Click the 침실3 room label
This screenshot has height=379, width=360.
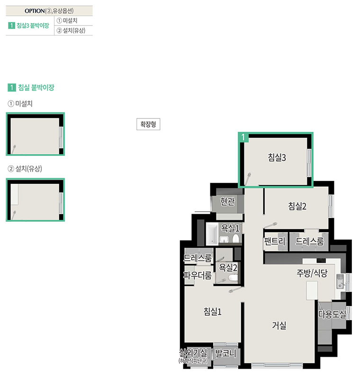[277, 157]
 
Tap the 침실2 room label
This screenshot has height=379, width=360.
[297, 206]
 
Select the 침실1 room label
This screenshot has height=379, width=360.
[212, 311]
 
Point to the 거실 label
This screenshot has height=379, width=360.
[279, 325]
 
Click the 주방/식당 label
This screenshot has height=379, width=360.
[312, 273]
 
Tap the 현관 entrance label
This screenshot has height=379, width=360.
[227, 201]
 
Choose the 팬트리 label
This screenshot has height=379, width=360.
[275, 241]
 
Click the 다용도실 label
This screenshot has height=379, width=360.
[332, 314]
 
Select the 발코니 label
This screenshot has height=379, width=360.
[225, 353]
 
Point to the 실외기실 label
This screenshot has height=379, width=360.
[193, 352]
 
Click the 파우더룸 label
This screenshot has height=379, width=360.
[198, 275]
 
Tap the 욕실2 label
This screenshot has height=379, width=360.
[228, 267]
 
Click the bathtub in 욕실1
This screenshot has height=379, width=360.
[212, 233]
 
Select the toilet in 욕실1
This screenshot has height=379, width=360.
[235, 239]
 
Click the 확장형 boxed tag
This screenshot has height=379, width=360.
[148, 124]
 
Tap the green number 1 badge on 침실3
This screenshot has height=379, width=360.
[243, 137]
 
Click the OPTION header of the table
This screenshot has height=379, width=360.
[49, 11]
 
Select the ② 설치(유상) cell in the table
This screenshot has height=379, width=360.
[73, 30]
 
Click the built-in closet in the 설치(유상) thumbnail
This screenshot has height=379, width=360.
[15, 194]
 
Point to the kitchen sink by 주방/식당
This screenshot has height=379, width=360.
[340, 281]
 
